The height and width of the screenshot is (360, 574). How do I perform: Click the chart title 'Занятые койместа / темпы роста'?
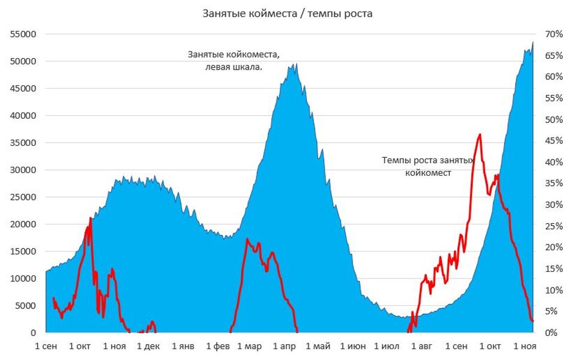[x=287, y=13]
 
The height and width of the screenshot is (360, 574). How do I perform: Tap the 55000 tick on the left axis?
[x=23, y=34]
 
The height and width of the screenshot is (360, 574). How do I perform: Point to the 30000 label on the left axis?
[x=23, y=170]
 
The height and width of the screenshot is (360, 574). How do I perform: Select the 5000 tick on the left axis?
[x=25, y=305]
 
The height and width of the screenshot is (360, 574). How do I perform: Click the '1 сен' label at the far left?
[x=47, y=346]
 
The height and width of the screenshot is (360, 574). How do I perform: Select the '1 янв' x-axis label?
[x=183, y=346]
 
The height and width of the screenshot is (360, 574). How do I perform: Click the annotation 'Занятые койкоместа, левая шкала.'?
[x=234, y=60]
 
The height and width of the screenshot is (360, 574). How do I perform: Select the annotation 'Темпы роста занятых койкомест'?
[x=428, y=166]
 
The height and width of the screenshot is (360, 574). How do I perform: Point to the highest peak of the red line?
[x=480, y=134]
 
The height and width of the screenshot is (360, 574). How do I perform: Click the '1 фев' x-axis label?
[x=218, y=346]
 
